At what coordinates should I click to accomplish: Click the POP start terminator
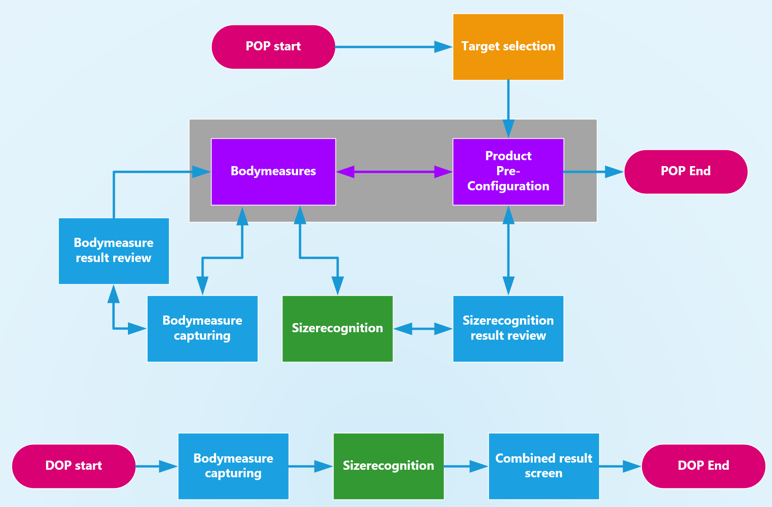[x=273, y=47]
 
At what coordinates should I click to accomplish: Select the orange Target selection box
[x=508, y=47]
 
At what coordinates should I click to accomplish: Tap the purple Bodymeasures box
[x=273, y=172]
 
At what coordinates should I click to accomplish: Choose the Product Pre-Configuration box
[x=508, y=172]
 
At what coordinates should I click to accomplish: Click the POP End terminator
[x=686, y=172]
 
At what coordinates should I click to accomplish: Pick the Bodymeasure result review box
[x=114, y=251]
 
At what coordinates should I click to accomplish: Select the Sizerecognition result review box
[x=508, y=329]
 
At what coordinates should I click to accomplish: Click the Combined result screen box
[x=543, y=466]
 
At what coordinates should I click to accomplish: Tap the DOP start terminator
[x=74, y=466]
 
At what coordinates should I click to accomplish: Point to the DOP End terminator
[x=703, y=466]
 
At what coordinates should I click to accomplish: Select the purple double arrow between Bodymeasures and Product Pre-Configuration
[x=394, y=172]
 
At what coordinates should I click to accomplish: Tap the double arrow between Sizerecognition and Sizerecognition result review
[x=423, y=329]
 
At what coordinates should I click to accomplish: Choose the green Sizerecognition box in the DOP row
[x=388, y=466]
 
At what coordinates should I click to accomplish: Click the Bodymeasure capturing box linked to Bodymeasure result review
[x=202, y=329]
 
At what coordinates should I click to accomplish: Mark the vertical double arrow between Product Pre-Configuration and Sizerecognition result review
[x=508, y=250]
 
